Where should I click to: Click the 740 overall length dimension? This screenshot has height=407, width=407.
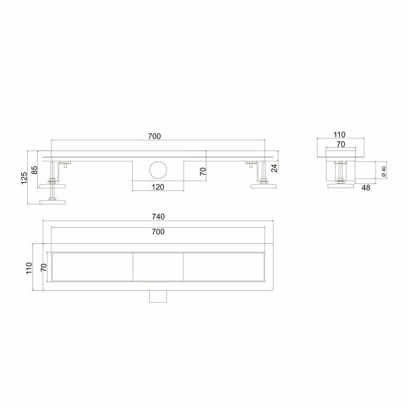(158, 217)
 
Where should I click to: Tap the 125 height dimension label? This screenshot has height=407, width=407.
(24, 178)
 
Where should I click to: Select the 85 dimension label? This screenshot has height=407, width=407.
(35, 170)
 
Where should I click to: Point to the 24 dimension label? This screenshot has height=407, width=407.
(274, 168)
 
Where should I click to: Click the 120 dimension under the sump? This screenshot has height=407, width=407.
(158, 187)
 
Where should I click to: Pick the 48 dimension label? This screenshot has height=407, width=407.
(366, 188)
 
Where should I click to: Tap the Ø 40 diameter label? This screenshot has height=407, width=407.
(384, 172)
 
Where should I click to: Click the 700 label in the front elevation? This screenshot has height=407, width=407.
(155, 136)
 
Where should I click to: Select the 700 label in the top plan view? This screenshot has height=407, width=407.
(158, 232)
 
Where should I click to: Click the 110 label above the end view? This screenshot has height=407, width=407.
(339, 135)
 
